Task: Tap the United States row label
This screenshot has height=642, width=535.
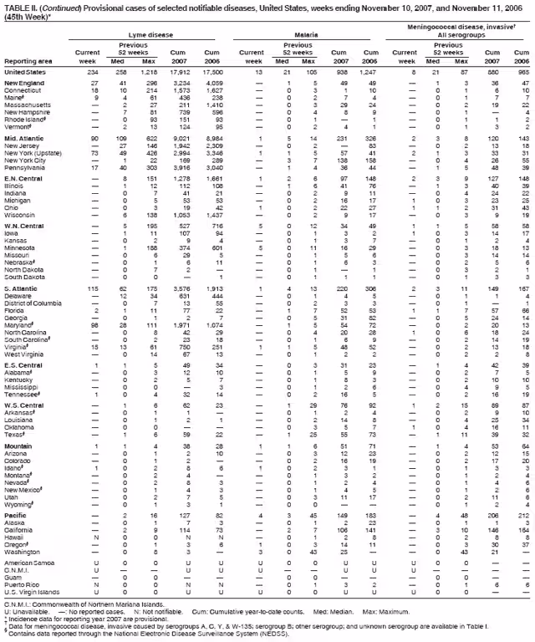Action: point(27,72)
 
